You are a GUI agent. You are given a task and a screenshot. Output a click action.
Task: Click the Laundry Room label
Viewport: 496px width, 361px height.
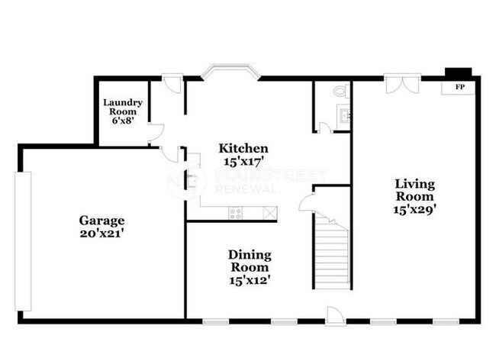[120, 111]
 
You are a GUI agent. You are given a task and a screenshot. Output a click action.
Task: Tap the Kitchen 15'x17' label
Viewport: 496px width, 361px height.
[243, 154]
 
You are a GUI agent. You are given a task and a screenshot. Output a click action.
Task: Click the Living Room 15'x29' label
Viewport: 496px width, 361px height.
[414, 195]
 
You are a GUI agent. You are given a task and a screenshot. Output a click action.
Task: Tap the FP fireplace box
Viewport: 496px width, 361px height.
[460, 87]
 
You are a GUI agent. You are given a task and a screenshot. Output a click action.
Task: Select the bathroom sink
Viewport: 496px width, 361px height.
[343, 116]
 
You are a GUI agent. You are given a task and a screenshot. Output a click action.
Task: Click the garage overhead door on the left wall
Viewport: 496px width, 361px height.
[24, 240]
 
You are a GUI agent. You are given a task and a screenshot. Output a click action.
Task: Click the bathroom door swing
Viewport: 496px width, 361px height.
[325, 127]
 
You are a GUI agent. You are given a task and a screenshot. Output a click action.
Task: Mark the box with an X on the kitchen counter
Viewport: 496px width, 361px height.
[269, 213]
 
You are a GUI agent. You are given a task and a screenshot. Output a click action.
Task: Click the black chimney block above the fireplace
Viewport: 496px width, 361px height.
[459, 73]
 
